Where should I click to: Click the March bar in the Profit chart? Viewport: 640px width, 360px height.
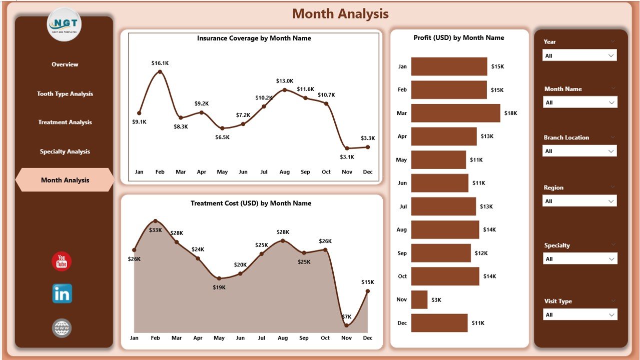click(x=455, y=113)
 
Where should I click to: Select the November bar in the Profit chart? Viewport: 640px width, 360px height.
click(x=419, y=299)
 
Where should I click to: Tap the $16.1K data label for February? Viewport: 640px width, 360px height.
click(x=160, y=63)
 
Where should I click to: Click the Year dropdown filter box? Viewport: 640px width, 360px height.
click(x=579, y=55)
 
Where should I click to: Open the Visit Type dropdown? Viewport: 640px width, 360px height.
click(x=580, y=314)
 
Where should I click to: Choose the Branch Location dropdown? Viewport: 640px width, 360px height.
click(x=579, y=151)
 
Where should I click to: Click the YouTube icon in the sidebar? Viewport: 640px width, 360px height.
click(x=62, y=261)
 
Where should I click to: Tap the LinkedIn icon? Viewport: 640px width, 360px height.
click(x=62, y=294)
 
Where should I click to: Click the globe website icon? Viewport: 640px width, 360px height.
click(x=62, y=328)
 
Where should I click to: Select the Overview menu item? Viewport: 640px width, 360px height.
click(x=65, y=64)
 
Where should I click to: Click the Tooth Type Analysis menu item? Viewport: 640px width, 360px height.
click(x=65, y=94)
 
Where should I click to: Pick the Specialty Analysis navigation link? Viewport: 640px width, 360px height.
click(x=65, y=151)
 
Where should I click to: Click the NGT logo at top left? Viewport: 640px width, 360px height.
click(x=64, y=24)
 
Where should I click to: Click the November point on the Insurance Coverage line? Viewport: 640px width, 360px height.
click(x=347, y=148)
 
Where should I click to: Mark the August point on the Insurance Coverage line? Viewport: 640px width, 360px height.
click(x=285, y=90)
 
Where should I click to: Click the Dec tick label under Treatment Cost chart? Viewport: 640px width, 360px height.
click(x=368, y=338)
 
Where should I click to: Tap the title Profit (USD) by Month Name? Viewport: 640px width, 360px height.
click(x=459, y=38)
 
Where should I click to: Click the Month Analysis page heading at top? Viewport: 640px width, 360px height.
click(x=340, y=14)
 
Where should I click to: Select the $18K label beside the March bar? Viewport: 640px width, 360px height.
click(x=511, y=113)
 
